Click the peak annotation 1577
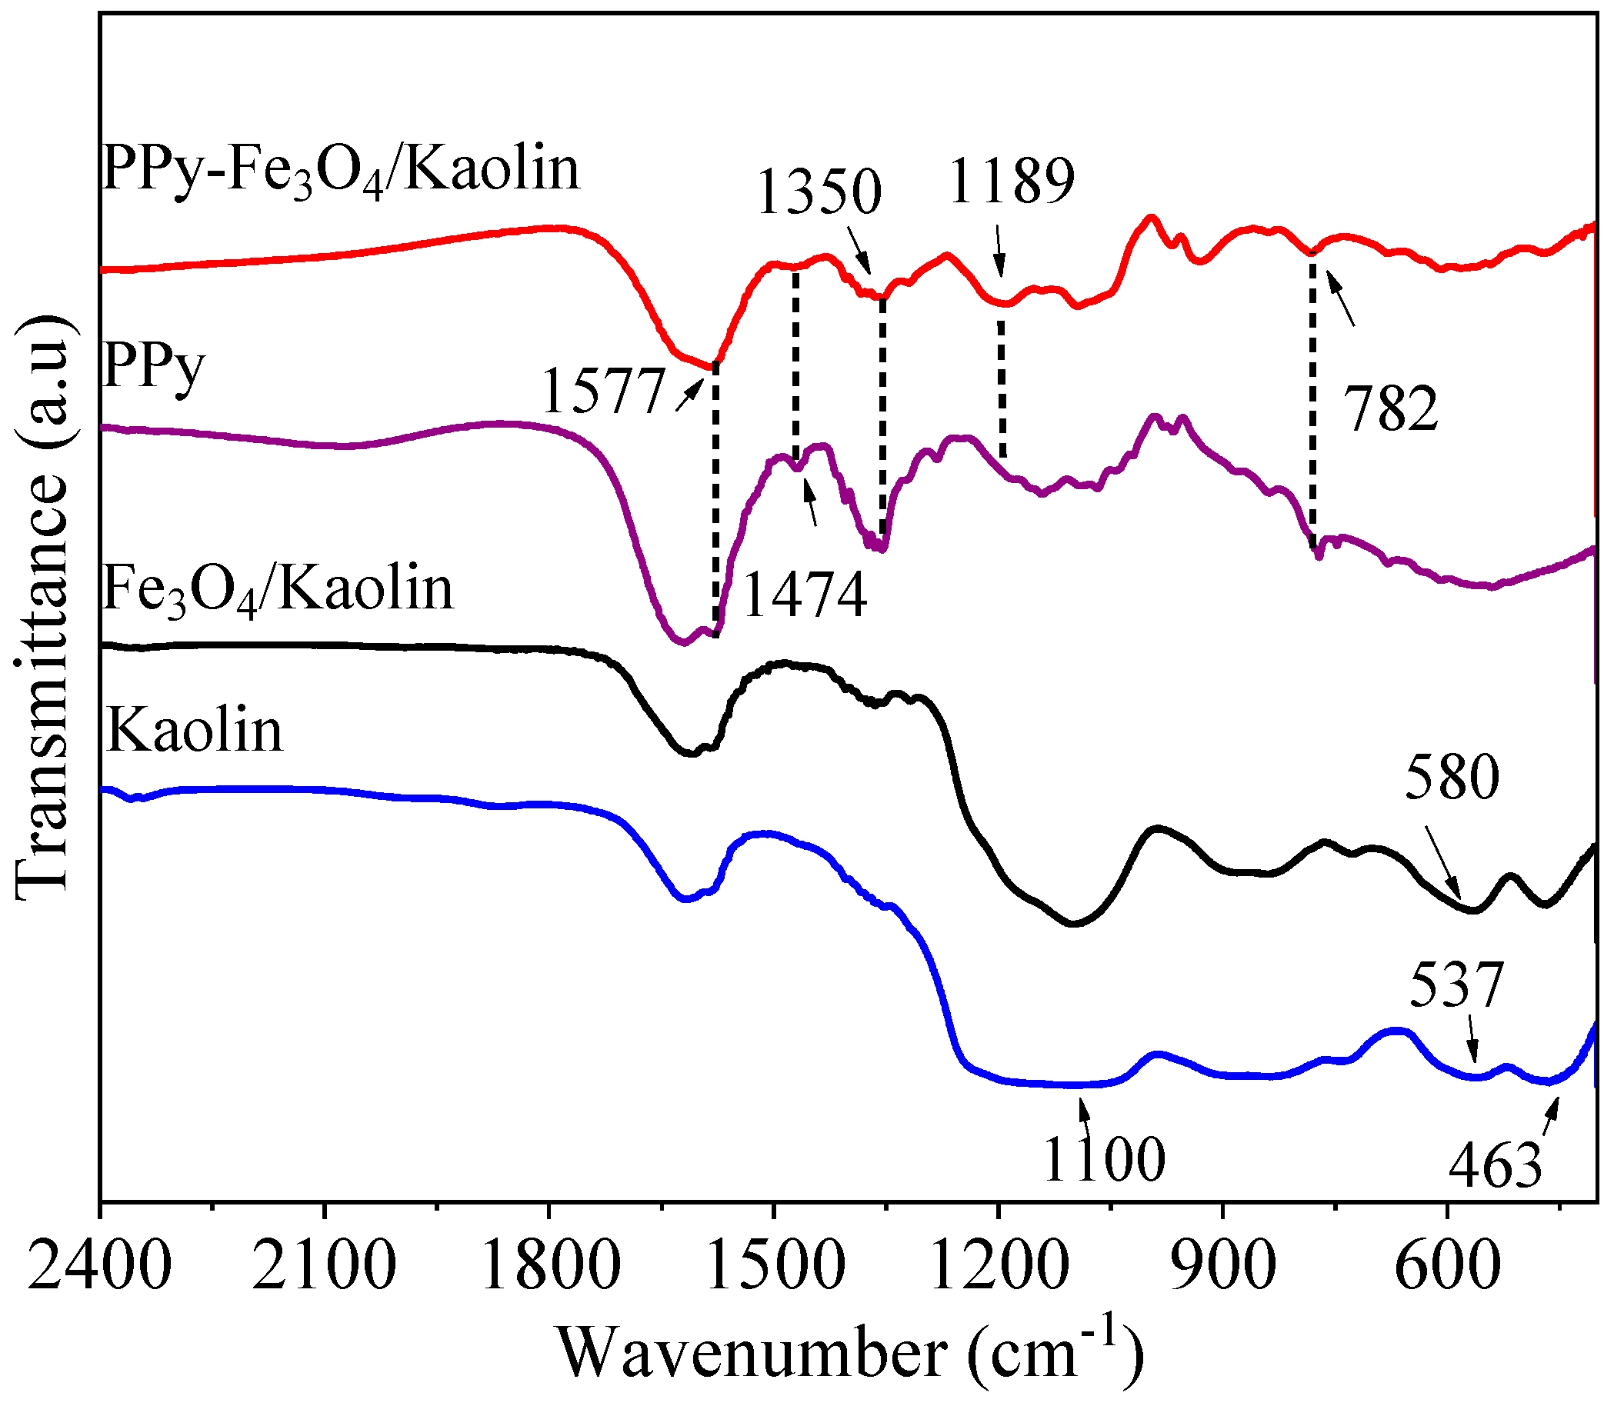pos(602,391)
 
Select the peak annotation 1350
pos(819,193)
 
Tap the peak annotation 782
pos(1391,409)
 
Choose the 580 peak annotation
pos(1452,778)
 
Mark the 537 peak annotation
pos(1456,985)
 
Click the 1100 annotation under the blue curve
pos(1103,1160)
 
